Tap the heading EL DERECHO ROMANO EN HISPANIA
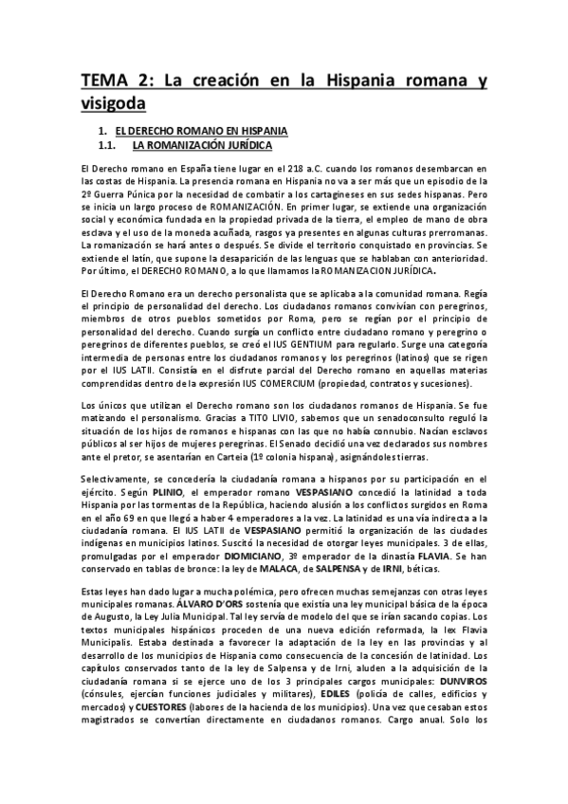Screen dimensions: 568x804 click(x=194, y=128)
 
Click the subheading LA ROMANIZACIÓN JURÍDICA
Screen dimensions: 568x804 click(x=202, y=146)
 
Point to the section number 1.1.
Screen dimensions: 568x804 click(x=106, y=146)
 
